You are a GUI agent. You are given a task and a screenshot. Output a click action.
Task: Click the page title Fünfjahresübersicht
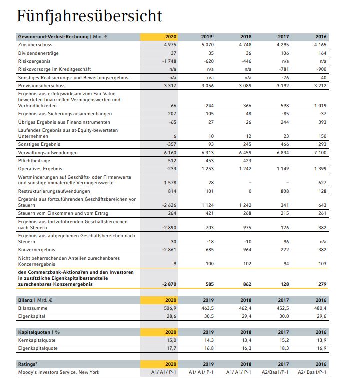pos(89,16)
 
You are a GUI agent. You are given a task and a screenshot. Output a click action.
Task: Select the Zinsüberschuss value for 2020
pos(170,45)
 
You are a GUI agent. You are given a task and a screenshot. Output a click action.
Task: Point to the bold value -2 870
pos(168,284)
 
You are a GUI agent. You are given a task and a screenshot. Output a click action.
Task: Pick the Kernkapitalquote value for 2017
pos(283,341)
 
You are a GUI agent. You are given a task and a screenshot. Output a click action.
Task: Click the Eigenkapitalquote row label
pos(37,348)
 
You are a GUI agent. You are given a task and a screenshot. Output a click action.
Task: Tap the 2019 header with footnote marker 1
pos(207,37)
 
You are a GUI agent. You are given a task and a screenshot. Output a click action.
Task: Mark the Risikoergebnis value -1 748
pos(169,61)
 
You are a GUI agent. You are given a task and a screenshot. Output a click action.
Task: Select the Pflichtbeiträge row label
pos(34,161)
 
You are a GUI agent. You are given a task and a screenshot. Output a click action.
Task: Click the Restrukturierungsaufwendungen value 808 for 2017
pos(283,190)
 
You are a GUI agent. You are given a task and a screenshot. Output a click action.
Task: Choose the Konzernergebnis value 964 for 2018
pos(246,249)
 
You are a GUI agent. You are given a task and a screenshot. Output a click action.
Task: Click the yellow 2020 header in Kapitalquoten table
pos(170,332)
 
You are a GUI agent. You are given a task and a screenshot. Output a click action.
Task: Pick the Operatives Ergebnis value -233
pos(170,169)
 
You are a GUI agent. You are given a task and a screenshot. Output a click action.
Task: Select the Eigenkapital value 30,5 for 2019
pos(208,317)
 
